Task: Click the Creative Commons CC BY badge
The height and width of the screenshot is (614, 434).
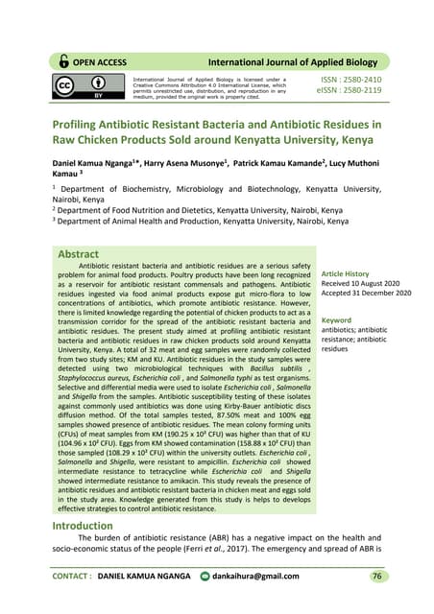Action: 91,89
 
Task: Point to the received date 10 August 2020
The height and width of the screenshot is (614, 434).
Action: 371,284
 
